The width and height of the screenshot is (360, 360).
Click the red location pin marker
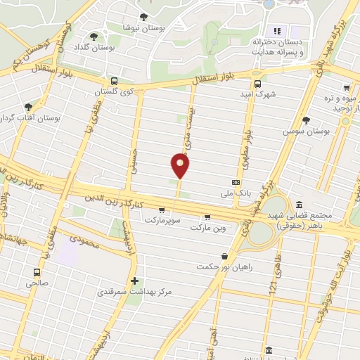pos(180,165)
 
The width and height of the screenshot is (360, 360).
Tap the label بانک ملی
pos(236,192)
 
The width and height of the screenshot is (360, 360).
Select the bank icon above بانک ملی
pos(236,181)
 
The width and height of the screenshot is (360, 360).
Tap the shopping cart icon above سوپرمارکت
pos(162,210)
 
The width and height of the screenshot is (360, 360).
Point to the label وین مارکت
pos(207,227)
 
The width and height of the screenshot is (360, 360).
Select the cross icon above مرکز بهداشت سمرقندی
pos(134,280)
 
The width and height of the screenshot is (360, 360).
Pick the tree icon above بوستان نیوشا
pos(144,16)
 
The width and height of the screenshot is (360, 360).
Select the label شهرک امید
pos(256,93)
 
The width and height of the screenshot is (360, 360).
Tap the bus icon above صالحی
pos(36,272)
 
